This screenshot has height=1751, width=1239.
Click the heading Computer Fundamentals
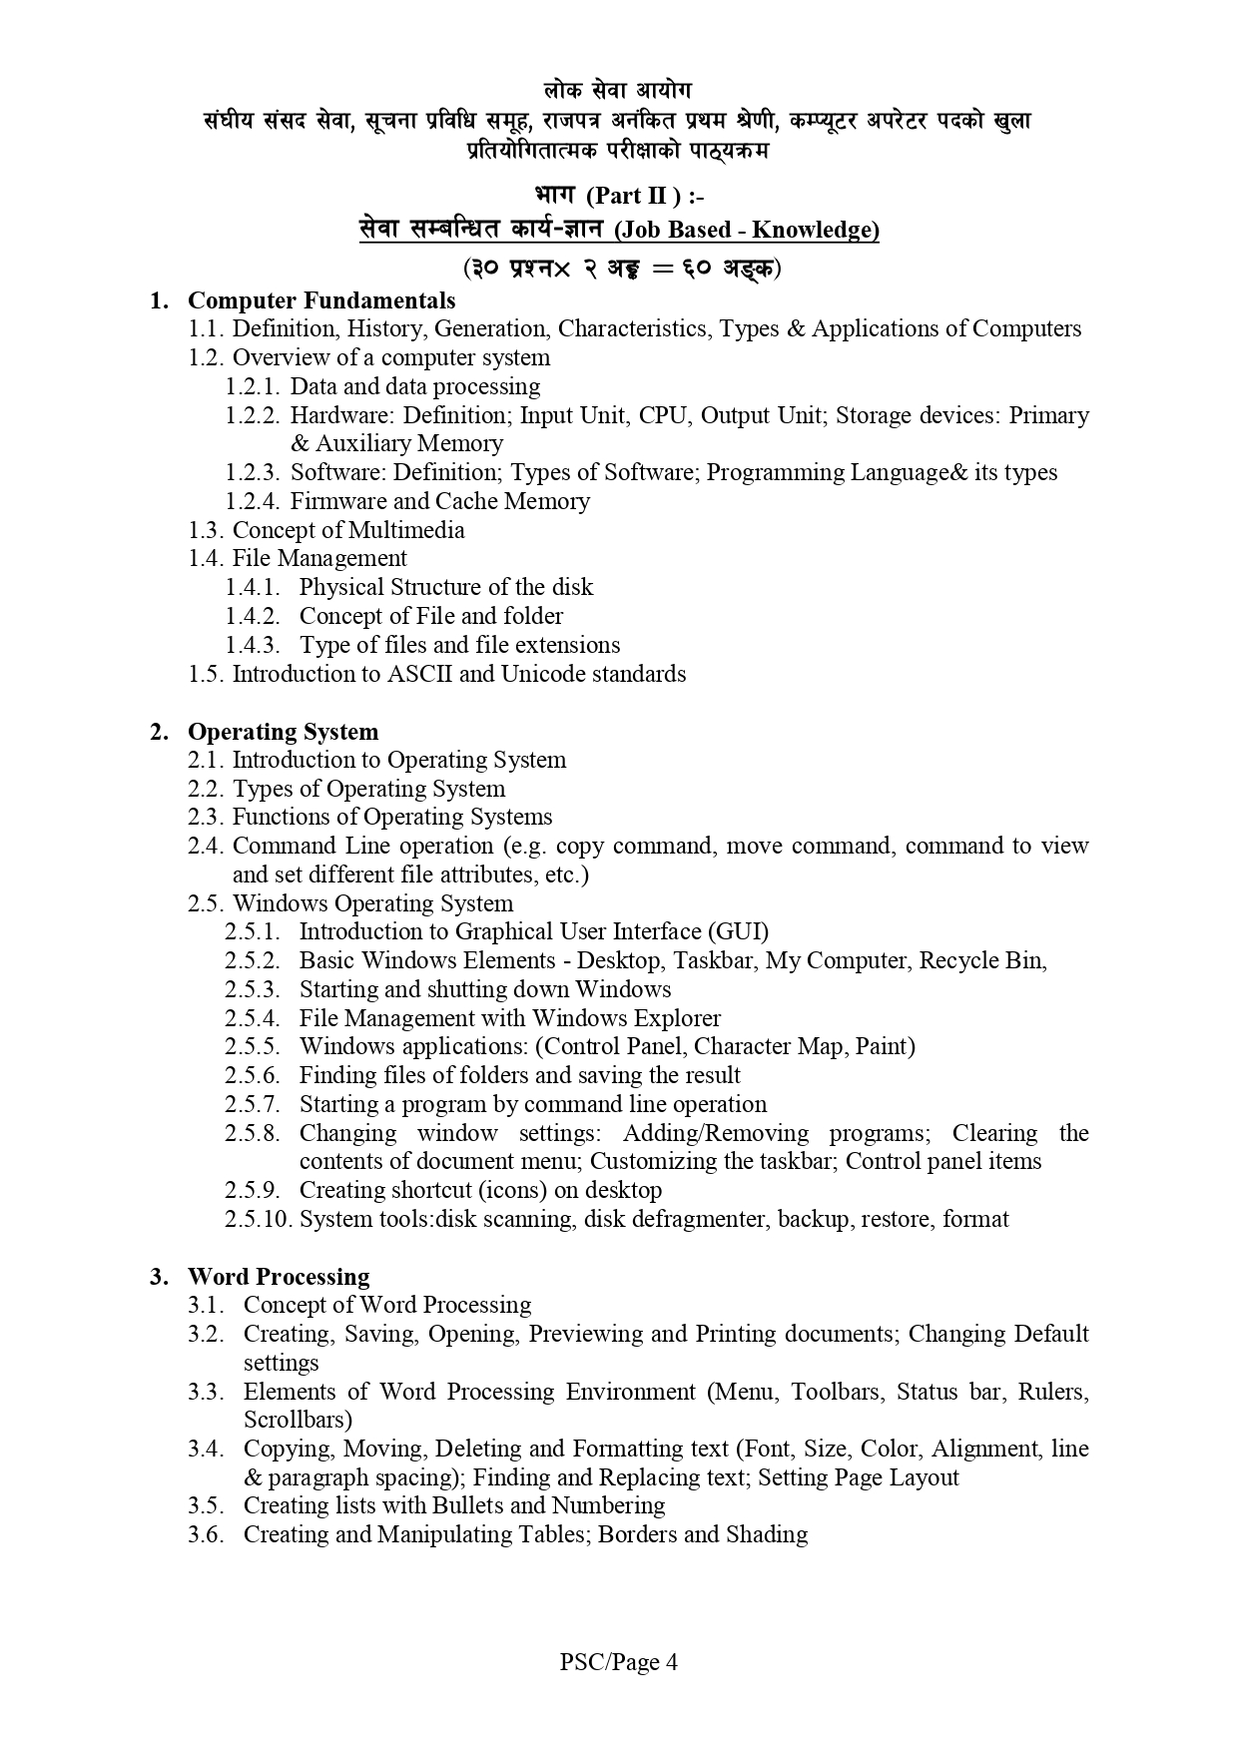[321, 300]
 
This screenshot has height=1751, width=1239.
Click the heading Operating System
[283, 732]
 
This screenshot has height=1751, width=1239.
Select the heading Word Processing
[279, 1277]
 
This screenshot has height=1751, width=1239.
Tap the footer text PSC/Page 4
[619, 1662]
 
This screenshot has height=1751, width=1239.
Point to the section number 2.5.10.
[258, 1219]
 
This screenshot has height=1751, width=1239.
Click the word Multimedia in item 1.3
[406, 530]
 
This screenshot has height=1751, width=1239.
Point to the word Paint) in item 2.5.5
[885, 1046]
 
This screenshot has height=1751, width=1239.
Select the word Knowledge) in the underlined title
[815, 230]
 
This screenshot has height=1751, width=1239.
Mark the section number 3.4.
[205, 1449]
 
